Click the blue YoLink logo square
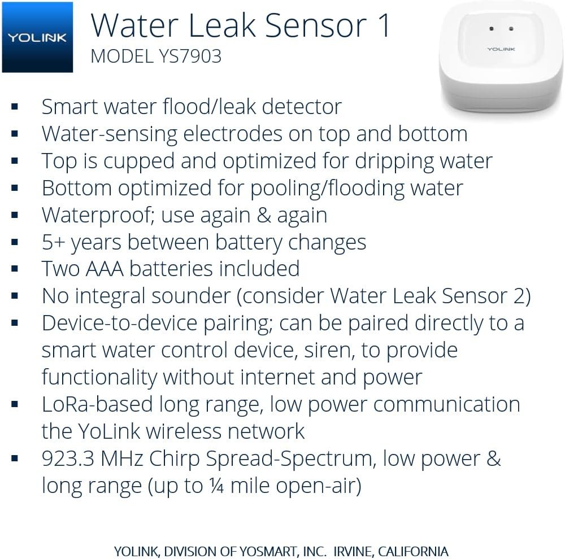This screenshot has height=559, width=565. (37, 37)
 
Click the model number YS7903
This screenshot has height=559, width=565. (190, 56)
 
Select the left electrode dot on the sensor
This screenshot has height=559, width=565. (491, 28)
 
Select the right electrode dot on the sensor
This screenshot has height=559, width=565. (511, 28)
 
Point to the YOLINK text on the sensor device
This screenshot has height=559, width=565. (501, 49)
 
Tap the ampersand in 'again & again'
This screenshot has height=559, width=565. (264, 215)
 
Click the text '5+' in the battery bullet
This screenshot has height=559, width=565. (53, 242)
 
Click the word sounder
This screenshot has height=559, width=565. (191, 296)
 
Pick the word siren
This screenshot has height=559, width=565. (327, 350)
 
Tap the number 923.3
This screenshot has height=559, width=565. (68, 458)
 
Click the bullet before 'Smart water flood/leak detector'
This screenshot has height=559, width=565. (15, 106)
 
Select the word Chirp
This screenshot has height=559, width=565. (175, 459)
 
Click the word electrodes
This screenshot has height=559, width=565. (233, 134)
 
